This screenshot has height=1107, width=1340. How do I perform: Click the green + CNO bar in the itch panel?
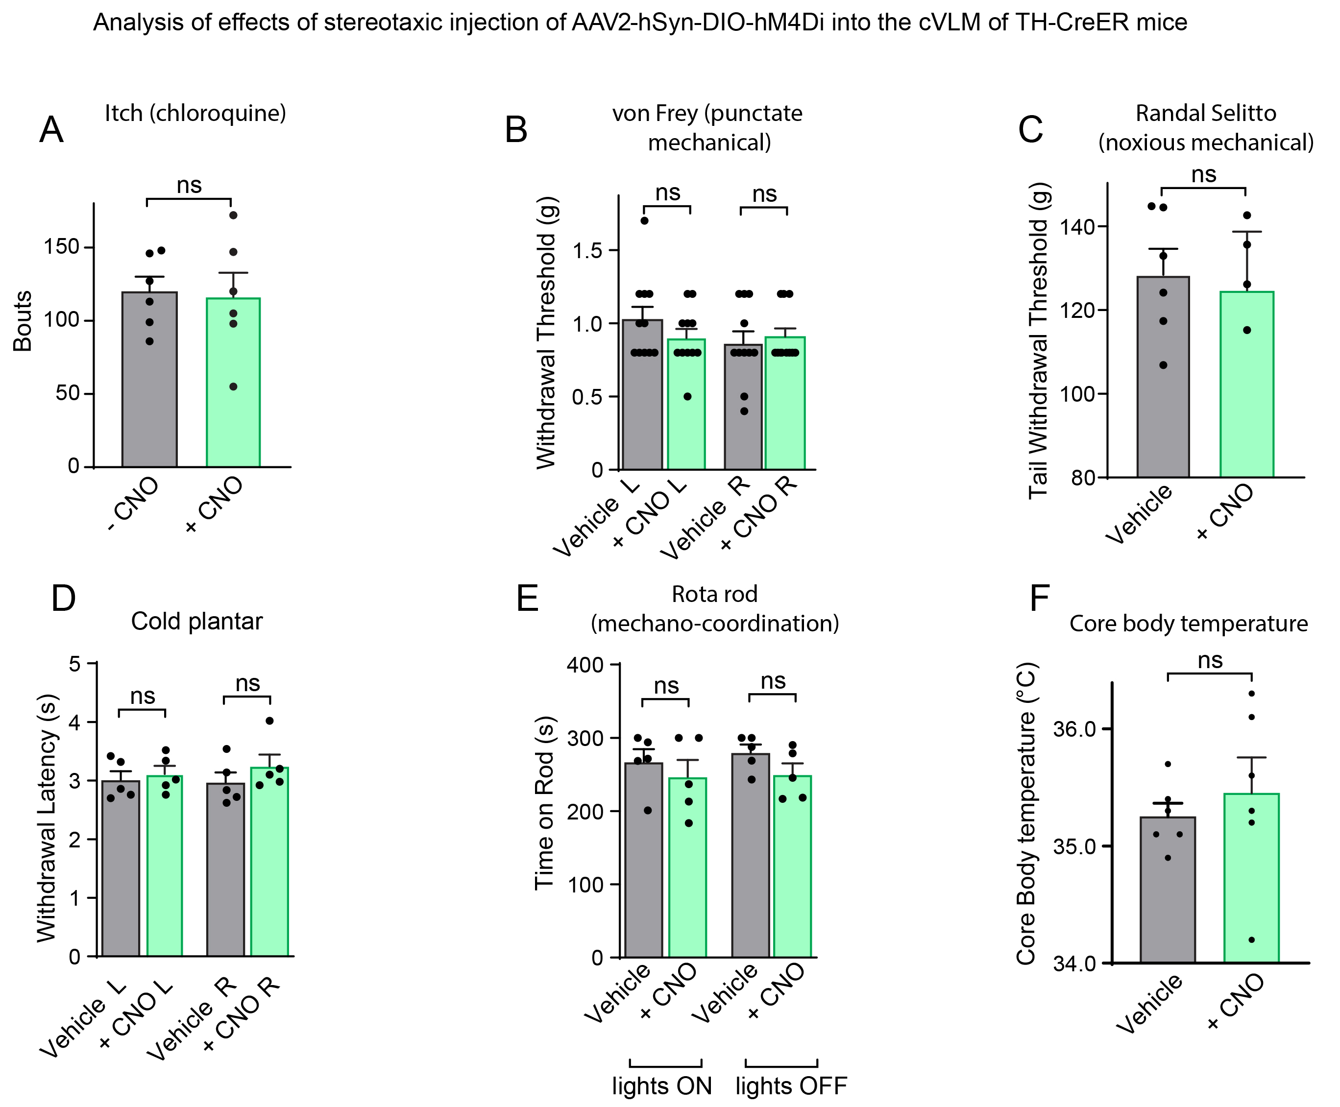click(233, 383)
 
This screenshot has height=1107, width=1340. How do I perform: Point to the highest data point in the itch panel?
click(233, 216)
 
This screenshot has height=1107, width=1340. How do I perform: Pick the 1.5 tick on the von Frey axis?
click(587, 251)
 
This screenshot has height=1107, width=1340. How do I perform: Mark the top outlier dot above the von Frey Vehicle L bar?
click(644, 220)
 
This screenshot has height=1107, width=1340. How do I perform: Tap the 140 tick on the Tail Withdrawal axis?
click(1077, 227)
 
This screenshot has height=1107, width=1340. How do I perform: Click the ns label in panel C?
click(1203, 174)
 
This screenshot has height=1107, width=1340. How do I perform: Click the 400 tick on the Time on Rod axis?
click(585, 665)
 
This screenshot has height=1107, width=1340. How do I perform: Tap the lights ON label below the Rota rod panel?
click(661, 1085)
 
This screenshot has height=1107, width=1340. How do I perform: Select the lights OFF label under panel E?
click(791, 1085)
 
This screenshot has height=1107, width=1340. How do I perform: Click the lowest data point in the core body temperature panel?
click(1251, 940)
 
